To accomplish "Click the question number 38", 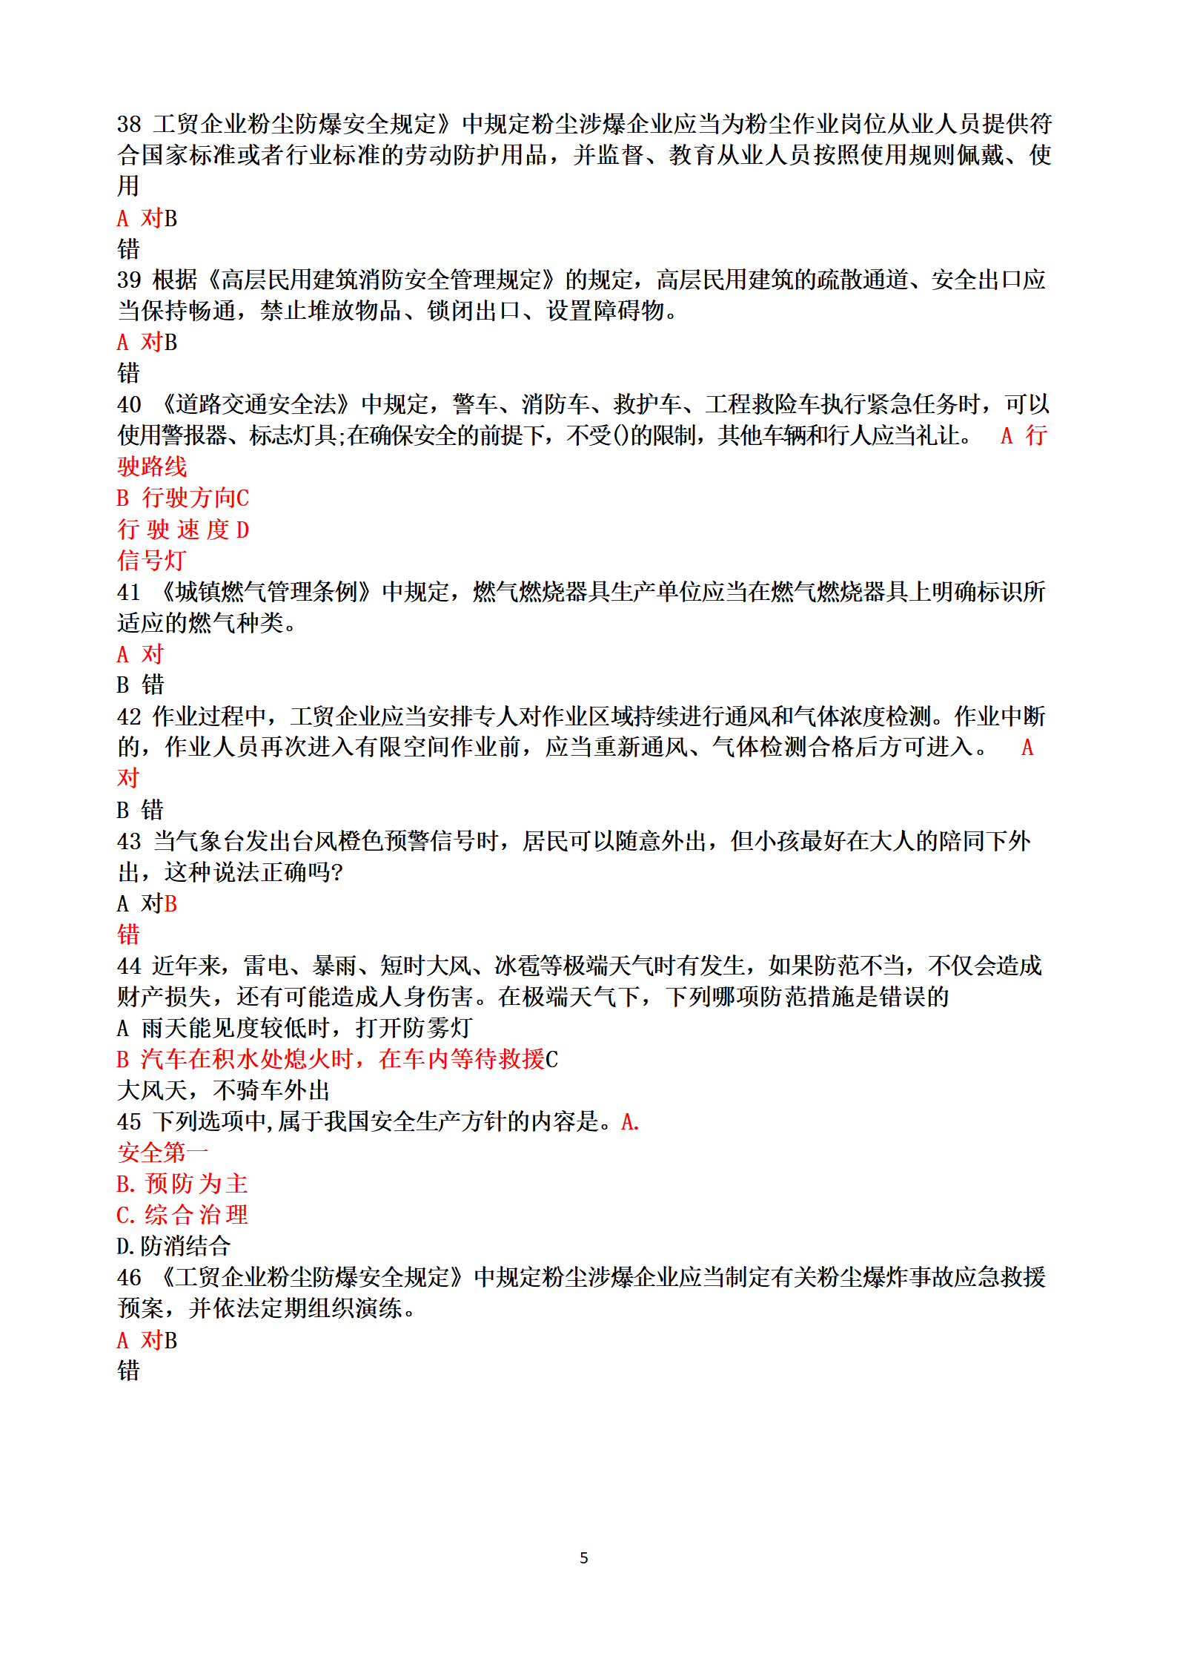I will [129, 124].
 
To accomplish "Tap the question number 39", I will [129, 280].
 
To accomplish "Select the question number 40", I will [129, 405].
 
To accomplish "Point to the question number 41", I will [129, 593].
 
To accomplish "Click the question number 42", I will [129, 717].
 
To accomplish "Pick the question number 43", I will [129, 842].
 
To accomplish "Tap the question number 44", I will [129, 966].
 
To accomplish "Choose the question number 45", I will [129, 1122].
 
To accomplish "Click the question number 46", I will [129, 1278].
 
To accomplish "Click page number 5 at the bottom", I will [584, 1558].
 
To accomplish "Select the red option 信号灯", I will [151, 561].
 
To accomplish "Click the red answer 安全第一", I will [163, 1153].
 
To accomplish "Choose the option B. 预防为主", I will [182, 1184].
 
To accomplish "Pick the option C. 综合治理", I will [182, 1216].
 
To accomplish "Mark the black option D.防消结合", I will [174, 1247].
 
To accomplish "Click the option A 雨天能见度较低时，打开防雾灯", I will [294, 1029].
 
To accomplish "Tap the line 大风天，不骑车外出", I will [223, 1091].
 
